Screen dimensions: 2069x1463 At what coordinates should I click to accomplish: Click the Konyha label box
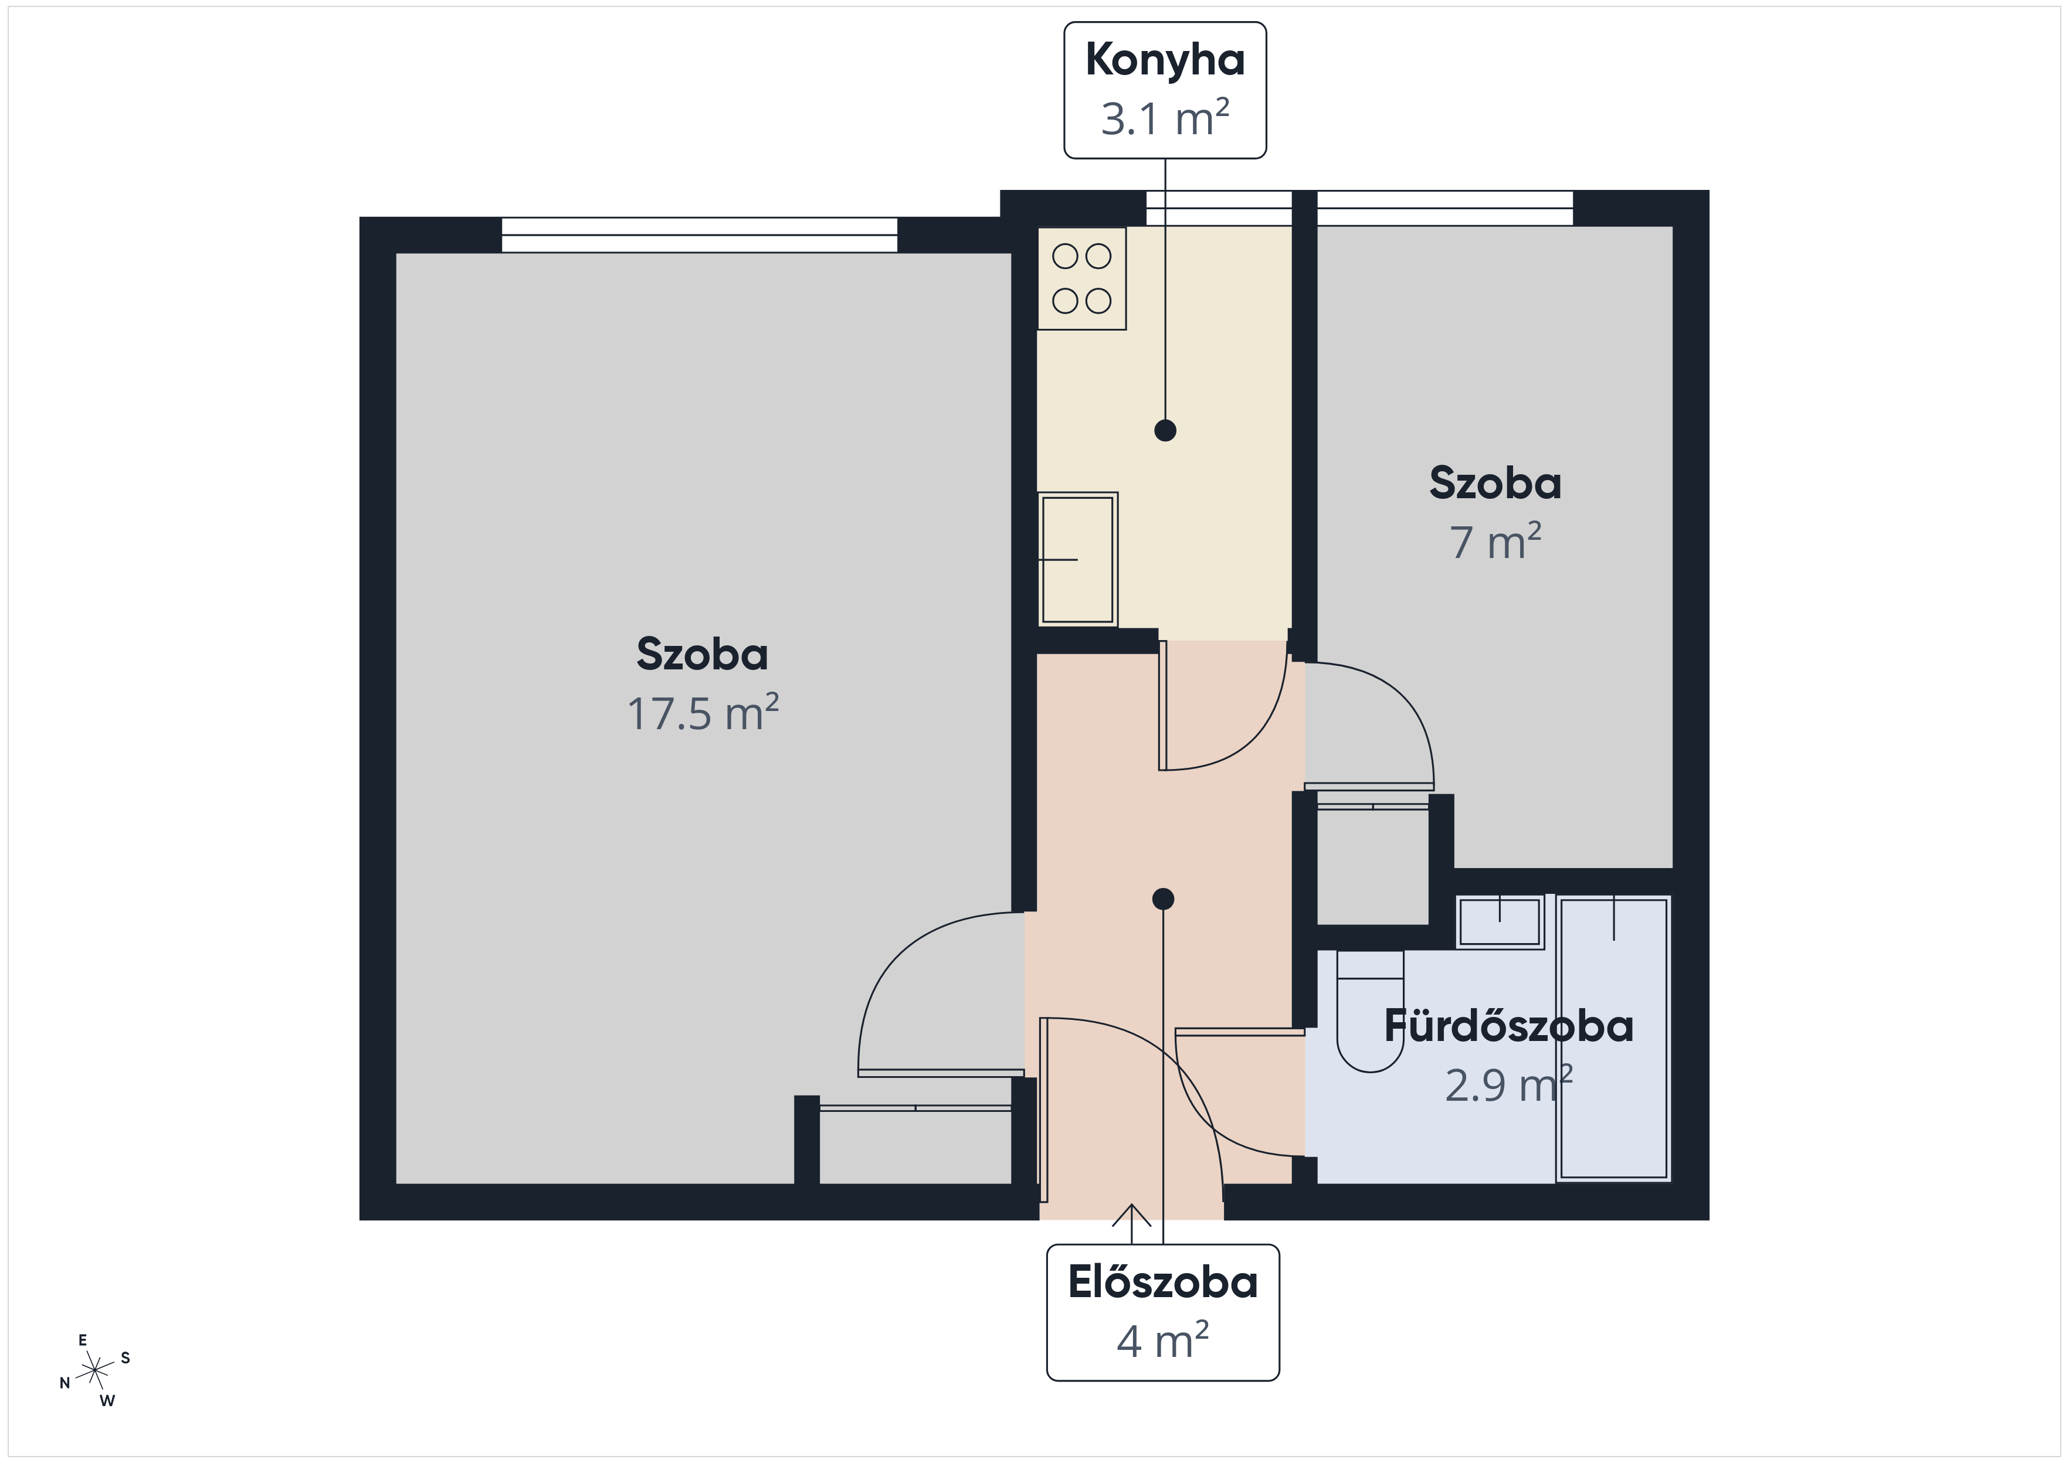(1165, 90)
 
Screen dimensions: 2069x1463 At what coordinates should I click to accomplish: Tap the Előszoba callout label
(1162, 1312)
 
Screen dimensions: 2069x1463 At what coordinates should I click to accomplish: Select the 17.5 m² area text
(703, 713)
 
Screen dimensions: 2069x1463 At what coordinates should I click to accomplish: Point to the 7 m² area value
(1495, 542)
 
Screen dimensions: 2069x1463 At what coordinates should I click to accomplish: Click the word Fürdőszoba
(1508, 1026)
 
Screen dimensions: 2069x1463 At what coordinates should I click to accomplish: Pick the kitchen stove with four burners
(1081, 278)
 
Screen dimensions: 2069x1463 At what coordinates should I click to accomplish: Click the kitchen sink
(1078, 559)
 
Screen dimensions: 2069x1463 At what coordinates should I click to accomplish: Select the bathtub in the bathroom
(1613, 1038)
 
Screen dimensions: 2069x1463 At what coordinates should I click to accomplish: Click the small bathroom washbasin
(1500, 921)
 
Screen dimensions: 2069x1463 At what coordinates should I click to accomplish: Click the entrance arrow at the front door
(1132, 1223)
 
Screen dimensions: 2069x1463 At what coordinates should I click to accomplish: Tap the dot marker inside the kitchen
(1165, 431)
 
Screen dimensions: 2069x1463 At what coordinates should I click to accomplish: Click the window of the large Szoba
(699, 235)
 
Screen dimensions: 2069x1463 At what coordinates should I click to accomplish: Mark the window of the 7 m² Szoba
(1444, 208)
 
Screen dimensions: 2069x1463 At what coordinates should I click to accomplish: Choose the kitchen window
(1218, 208)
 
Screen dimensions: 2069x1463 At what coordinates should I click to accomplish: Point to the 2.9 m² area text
(1508, 1084)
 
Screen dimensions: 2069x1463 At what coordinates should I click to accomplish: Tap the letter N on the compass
(65, 1383)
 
